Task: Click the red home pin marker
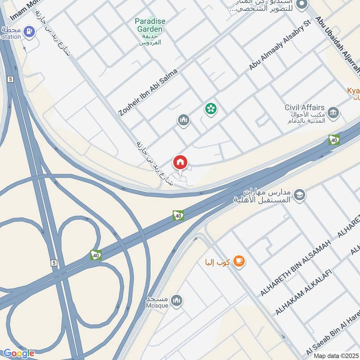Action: coord(180,162)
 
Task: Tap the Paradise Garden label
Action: coord(150,25)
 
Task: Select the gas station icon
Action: coord(30,31)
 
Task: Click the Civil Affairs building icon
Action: coord(333,112)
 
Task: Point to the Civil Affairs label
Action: coord(305,108)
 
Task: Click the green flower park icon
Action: coord(210,108)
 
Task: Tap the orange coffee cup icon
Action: coord(239,261)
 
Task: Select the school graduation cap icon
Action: coord(299,195)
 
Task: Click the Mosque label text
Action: coord(157,306)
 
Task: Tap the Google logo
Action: coord(18,353)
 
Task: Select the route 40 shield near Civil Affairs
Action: coord(334,140)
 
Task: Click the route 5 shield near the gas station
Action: coord(9,79)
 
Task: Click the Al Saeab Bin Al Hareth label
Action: coord(333,331)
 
